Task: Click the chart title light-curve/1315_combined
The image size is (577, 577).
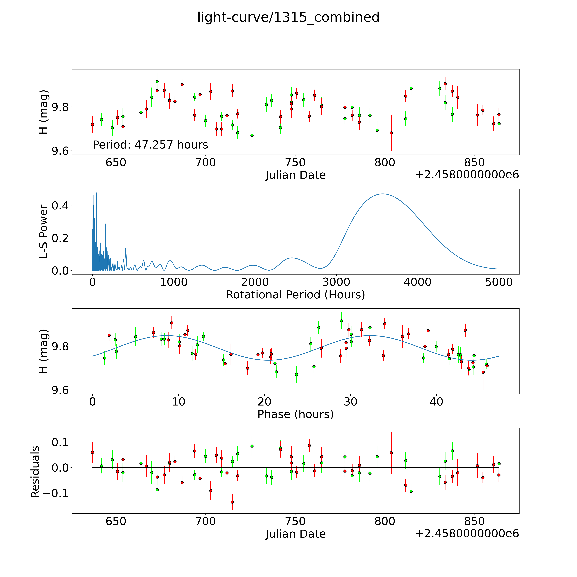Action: point(288,17)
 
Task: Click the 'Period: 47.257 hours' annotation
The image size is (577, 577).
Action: point(150,145)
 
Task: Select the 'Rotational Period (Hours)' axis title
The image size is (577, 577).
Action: point(295,295)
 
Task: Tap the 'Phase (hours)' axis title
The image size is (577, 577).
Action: point(295,414)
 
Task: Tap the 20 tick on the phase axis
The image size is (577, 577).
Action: point(264,402)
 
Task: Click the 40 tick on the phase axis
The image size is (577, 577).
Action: point(436,402)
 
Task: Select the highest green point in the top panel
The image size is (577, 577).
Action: point(157,82)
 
